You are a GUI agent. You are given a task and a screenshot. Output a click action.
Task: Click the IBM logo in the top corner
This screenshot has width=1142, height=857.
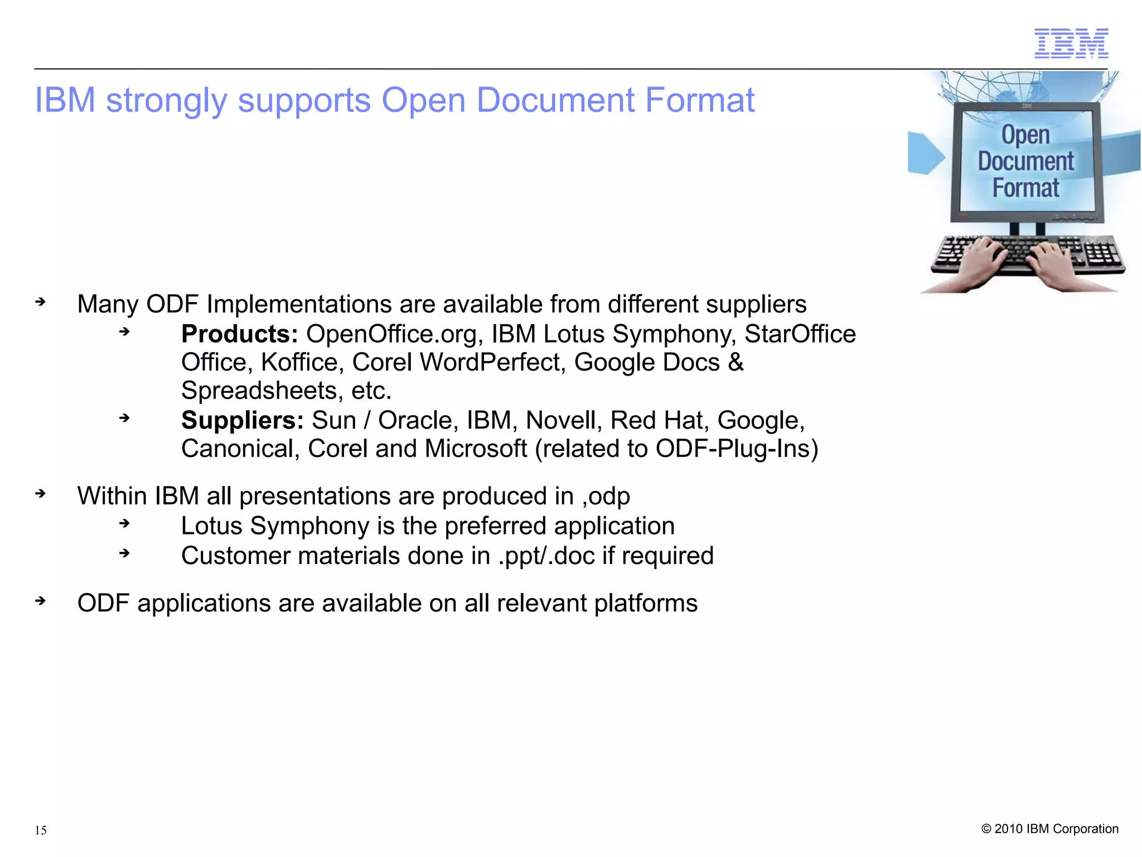point(1071,43)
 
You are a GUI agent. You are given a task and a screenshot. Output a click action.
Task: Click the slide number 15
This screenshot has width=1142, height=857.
point(41,830)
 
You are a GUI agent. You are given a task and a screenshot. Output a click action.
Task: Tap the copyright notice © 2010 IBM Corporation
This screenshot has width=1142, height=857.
point(1049,829)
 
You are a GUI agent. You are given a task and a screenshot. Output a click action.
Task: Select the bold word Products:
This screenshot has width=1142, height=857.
point(240,334)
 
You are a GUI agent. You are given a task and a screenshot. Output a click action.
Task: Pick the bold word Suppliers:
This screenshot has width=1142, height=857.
point(243,420)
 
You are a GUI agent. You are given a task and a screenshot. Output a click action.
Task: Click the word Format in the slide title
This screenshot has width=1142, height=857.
point(700,100)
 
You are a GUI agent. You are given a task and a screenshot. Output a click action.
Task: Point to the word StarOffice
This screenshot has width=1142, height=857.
point(800,334)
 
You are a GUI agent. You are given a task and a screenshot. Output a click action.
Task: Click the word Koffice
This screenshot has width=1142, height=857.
point(299,363)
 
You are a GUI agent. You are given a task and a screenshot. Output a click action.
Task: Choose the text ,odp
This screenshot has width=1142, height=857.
point(606,497)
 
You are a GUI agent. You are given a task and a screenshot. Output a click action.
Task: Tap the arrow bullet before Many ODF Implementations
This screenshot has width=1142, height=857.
point(40,302)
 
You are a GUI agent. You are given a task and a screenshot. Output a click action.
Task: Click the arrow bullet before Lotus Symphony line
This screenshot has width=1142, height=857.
point(124,523)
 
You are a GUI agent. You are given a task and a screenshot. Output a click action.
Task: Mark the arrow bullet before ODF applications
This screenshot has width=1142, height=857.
point(40,601)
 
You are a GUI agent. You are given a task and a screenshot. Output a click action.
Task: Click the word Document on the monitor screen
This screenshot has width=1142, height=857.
point(1025,161)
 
